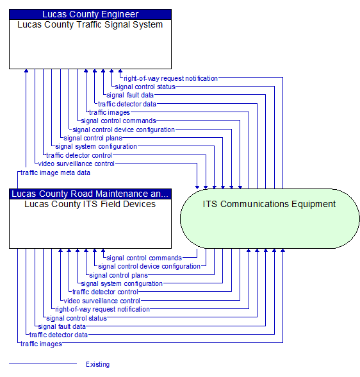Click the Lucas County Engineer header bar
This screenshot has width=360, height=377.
[x=90, y=14]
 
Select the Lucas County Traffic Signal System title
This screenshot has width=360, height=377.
[x=90, y=25]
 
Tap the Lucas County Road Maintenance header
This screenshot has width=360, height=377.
[x=90, y=194]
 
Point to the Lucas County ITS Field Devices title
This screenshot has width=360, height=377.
[x=90, y=204]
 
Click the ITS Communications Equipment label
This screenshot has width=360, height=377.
[x=269, y=204]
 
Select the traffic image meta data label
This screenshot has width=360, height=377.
[x=56, y=172]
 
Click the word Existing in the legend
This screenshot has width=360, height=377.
[x=98, y=364]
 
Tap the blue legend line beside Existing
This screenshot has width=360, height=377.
[x=43, y=364]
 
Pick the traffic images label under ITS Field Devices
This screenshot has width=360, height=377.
[x=41, y=344]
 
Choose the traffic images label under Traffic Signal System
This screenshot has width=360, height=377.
[x=110, y=112]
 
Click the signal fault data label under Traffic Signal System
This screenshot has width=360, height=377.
[x=130, y=95]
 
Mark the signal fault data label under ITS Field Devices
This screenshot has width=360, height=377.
[x=62, y=326]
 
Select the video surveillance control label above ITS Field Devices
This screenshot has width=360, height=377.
[x=76, y=163]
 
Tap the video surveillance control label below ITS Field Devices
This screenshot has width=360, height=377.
[x=102, y=301]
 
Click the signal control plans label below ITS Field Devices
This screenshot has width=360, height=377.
[x=119, y=275]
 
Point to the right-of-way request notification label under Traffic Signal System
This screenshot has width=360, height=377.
[x=171, y=78]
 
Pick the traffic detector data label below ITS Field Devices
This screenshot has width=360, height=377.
[x=58, y=335]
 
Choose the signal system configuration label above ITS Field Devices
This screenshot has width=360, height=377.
[x=96, y=146]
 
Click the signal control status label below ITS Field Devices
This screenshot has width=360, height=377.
[x=77, y=318]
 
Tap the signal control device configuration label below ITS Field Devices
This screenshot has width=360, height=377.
[x=149, y=267]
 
